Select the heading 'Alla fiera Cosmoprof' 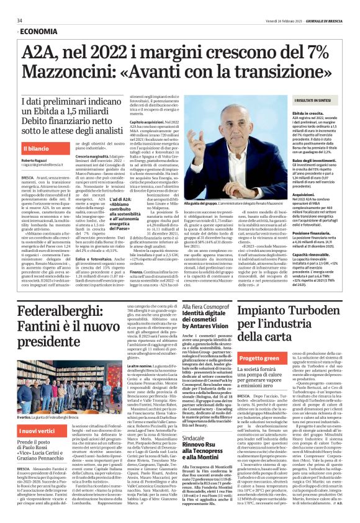205,307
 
